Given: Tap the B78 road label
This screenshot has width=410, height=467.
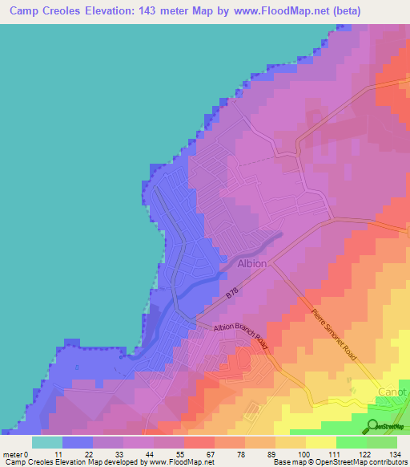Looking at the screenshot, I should point(231,295).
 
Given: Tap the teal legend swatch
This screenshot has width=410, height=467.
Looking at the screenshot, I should point(47,441).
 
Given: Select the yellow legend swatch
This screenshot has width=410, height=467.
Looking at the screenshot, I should point(321,441).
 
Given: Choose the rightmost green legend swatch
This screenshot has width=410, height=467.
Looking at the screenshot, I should point(382,441).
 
